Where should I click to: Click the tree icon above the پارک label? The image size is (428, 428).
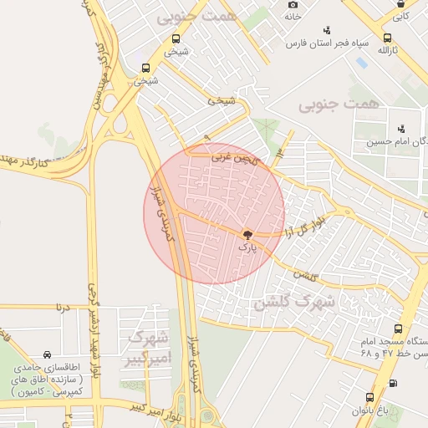click(247, 235)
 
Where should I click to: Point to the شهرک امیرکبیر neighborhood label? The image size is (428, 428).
click(145, 349)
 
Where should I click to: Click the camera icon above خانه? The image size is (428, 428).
click(293, 4)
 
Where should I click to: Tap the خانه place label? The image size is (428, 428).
click(292, 16)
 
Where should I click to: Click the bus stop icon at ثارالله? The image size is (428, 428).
click(387, 38)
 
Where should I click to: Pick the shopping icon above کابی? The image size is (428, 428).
click(402, 3)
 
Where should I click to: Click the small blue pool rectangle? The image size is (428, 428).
click(361, 63)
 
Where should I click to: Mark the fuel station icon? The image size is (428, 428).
click(394, 383)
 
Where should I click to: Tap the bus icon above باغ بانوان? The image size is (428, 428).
click(369, 398)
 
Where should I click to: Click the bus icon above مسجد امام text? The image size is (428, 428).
click(397, 329)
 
